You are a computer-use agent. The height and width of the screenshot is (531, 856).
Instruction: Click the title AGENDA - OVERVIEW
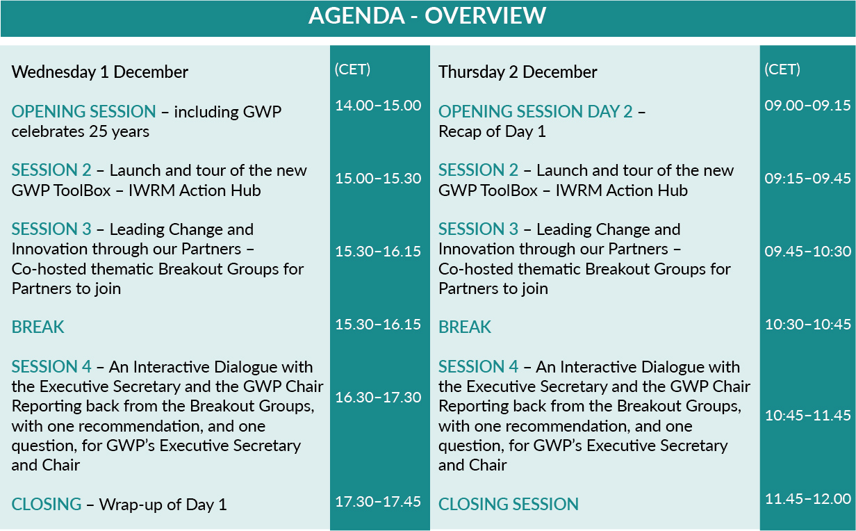(427, 16)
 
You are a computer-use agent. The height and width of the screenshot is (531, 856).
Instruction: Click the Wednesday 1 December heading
(100, 72)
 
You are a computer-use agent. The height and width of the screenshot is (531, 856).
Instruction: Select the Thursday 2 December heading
(518, 72)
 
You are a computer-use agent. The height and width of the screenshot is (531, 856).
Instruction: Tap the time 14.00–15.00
(378, 105)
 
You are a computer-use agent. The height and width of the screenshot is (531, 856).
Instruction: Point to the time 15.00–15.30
(378, 178)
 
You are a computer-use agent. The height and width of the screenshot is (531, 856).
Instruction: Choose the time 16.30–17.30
(378, 397)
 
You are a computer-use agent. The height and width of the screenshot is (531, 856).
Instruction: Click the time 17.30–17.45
(378, 501)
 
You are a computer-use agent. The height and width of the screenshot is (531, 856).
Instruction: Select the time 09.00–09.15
(807, 105)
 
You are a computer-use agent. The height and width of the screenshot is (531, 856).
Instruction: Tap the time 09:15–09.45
(807, 178)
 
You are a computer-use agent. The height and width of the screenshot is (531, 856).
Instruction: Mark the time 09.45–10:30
(807, 251)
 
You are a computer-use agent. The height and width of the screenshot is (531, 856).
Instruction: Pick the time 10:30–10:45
(807, 324)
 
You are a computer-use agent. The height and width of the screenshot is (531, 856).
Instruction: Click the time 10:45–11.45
(807, 415)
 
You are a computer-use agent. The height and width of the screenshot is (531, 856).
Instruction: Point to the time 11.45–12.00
(807, 498)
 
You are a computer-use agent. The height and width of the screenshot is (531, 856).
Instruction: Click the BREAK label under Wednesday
(38, 327)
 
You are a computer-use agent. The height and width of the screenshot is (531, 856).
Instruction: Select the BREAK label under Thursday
(465, 327)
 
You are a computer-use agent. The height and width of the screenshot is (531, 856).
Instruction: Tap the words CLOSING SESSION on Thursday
(509, 504)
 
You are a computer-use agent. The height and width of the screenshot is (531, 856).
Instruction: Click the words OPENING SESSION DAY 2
(536, 112)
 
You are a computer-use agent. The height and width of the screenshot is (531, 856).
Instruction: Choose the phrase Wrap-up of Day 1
(163, 505)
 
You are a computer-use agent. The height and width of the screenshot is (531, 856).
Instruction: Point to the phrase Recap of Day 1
(492, 132)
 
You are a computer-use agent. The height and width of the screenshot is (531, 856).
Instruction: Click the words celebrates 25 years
(81, 132)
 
